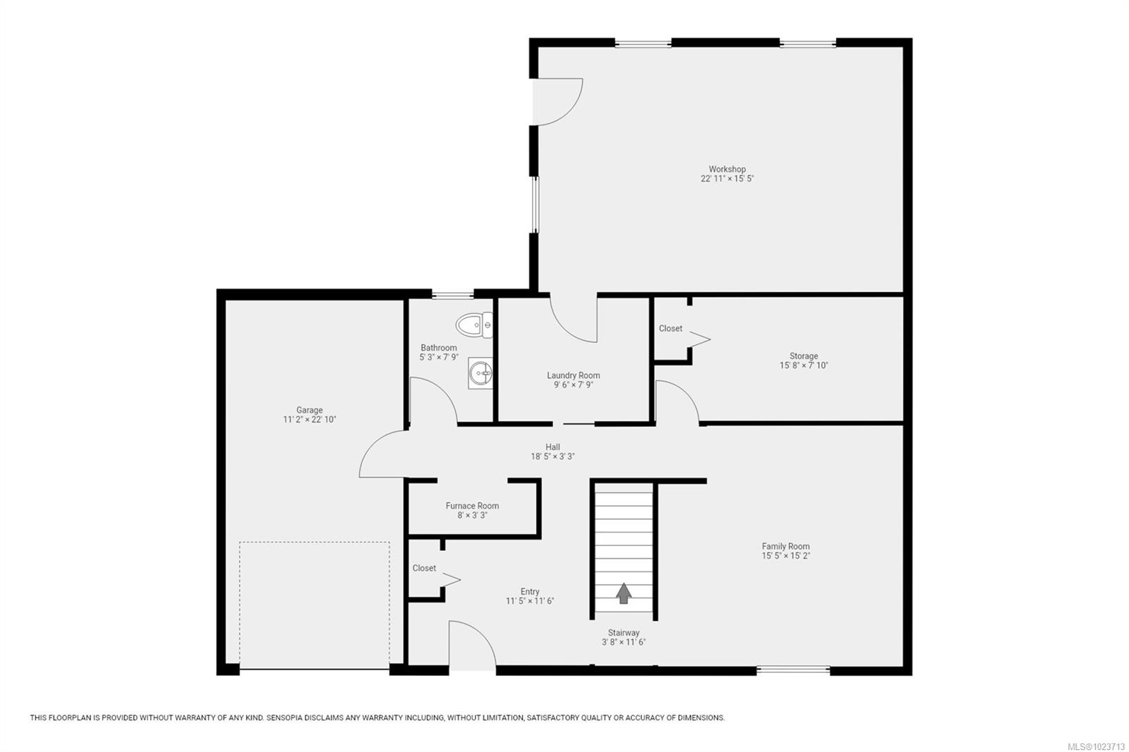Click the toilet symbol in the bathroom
(473, 325)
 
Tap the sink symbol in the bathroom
(481, 372)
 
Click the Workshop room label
(727, 169)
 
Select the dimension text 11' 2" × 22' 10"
(309, 420)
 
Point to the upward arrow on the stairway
(623, 593)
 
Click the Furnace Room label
(472, 506)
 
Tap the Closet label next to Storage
(670, 329)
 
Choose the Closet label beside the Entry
(424, 569)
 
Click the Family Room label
(785, 547)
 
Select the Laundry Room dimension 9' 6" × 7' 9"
(573, 385)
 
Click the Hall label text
(553, 447)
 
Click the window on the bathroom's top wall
(452, 295)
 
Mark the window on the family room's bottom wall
(793, 669)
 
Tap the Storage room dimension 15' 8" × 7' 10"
(803, 366)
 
